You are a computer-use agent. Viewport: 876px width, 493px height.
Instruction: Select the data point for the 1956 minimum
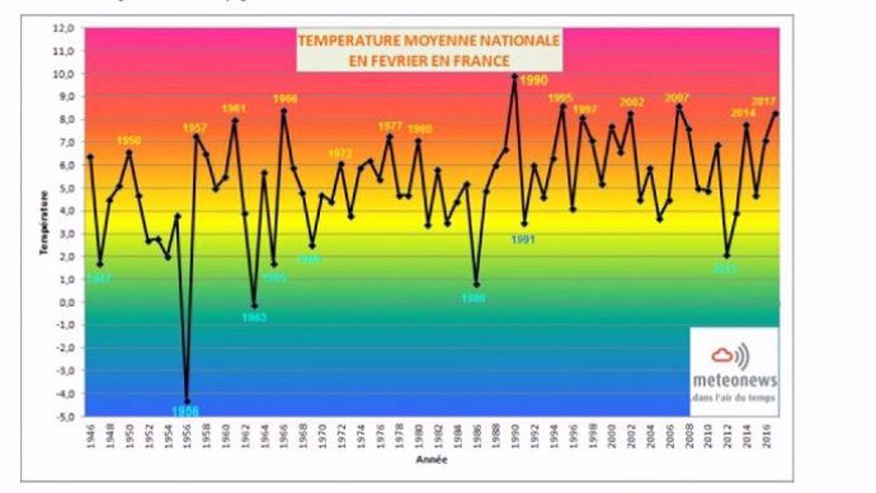[187, 401]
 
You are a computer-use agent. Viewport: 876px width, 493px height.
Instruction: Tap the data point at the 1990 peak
[515, 76]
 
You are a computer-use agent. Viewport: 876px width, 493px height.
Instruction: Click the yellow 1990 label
[534, 80]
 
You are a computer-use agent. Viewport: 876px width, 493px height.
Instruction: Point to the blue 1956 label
[185, 411]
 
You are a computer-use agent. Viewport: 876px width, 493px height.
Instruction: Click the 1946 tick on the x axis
[91, 435]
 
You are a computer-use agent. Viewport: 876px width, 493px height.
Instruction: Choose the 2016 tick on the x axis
[766, 435]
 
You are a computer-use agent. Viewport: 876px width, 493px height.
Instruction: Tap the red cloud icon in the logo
[723, 355]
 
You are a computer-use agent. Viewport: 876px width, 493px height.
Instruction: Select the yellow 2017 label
[765, 102]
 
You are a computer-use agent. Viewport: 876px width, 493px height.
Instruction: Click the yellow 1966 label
[285, 99]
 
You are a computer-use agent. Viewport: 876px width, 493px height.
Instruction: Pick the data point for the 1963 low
[254, 305]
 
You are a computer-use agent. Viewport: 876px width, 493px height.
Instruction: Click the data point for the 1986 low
[476, 284]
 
